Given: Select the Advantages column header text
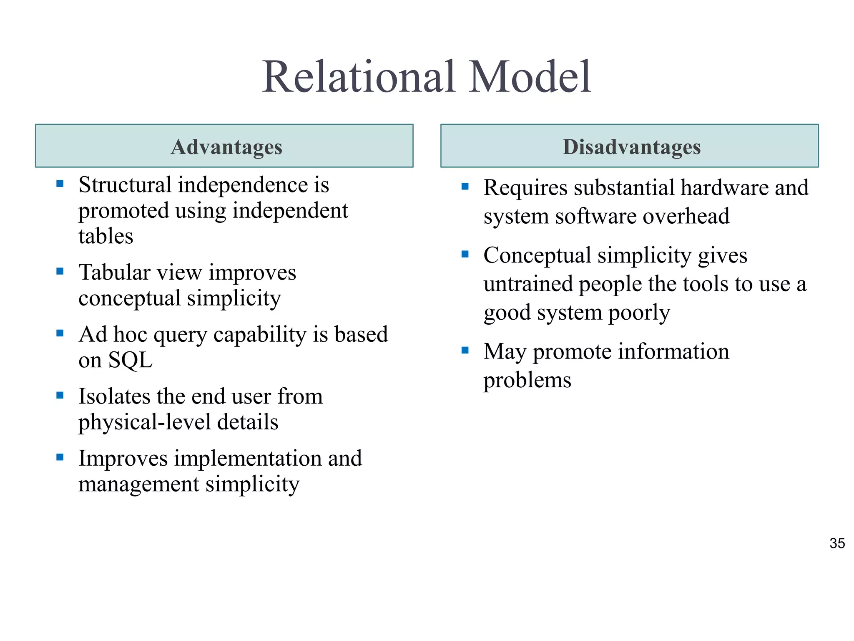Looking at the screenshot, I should click(x=226, y=147).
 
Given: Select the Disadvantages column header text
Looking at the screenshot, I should click(x=631, y=147).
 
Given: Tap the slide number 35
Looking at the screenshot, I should click(x=837, y=543).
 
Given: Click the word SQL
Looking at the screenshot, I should click(x=130, y=360).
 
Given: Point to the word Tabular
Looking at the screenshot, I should click(x=114, y=273).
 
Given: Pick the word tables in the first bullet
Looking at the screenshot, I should click(x=106, y=236).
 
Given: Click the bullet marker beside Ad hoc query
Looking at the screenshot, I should click(x=60, y=333).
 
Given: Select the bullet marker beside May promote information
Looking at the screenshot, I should click(x=465, y=350).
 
